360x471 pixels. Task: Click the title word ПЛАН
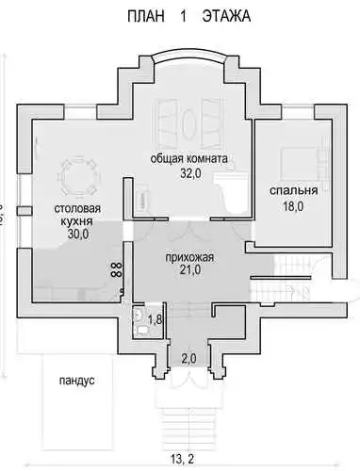pos(145,16)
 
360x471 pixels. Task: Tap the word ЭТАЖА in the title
pos(226,16)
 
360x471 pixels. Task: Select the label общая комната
pos(188,159)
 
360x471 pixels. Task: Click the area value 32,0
pos(190,173)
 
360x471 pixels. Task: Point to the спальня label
pos(293,190)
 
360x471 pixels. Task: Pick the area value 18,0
pos(293,206)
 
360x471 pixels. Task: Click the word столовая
pos(77,208)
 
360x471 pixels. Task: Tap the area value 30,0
pos(78,234)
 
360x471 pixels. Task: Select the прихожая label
pos(189,257)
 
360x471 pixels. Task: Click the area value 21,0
pos(190,269)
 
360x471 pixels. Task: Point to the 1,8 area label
pos(155,319)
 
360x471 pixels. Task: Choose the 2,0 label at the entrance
pos(188,358)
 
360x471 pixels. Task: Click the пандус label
pos(77,381)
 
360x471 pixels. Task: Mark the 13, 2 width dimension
pos(182,459)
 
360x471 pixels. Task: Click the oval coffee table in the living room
pos(188,124)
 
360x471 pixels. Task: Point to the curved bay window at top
pos(188,54)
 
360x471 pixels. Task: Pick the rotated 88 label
pos(116,269)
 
